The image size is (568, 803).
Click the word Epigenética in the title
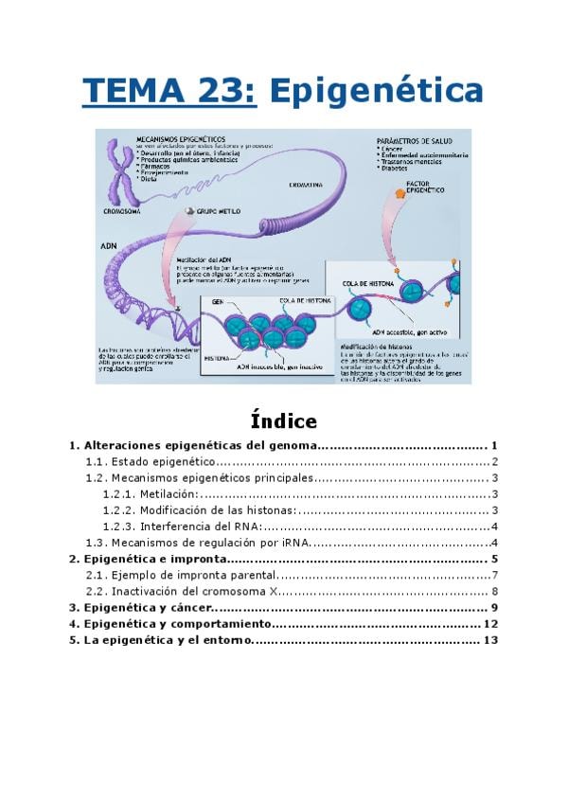[x=377, y=92]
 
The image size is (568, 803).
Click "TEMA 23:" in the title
[x=169, y=92]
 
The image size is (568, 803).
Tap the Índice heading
[x=284, y=419]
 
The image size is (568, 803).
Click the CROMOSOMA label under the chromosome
[x=121, y=211]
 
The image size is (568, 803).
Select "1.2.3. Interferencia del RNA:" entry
[x=183, y=526]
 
